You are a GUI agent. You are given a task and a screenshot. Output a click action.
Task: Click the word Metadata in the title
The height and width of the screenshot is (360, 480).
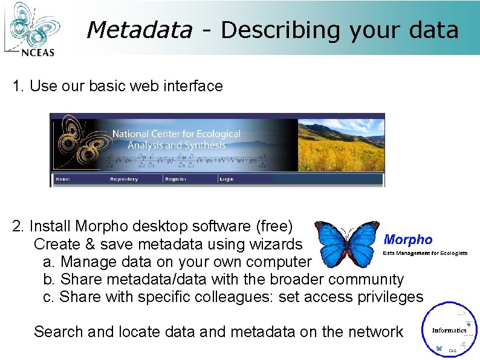[x=139, y=30]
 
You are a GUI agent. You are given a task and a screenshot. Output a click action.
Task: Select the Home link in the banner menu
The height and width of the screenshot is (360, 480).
[x=62, y=179]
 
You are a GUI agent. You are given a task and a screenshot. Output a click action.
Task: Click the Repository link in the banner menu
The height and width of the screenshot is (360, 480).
[x=123, y=179]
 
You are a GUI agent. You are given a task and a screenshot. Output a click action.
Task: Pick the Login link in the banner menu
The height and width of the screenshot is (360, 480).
[x=227, y=179]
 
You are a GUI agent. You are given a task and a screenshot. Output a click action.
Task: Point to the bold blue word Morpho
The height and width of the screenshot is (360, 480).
[x=408, y=240]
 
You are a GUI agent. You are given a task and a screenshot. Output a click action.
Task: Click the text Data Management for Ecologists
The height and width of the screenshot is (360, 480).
[x=425, y=253]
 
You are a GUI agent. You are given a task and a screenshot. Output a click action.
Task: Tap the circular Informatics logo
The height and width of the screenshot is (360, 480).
[x=450, y=330]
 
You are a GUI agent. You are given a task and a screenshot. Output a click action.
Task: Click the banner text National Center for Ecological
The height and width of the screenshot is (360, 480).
[x=176, y=134]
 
